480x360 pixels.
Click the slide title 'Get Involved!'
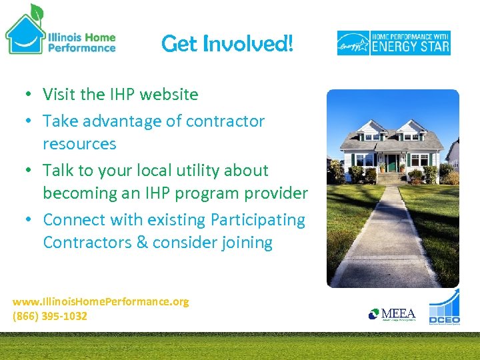coord(227,44)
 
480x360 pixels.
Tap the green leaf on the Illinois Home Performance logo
coord(37,11)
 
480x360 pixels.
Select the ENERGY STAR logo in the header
coord(393,43)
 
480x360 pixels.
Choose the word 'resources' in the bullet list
coord(79,144)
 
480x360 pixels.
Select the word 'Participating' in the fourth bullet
coord(258,220)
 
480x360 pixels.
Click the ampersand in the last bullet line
coord(141,243)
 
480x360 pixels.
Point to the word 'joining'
coord(246,243)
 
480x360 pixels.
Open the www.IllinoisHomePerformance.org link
coord(101,301)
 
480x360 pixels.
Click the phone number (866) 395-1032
coord(50,316)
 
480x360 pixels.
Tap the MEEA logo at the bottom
coord(393,314)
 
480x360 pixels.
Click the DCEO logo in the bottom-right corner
coord(444,309)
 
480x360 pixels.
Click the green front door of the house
coord(392,163)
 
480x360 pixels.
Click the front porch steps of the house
coord(392,178)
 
